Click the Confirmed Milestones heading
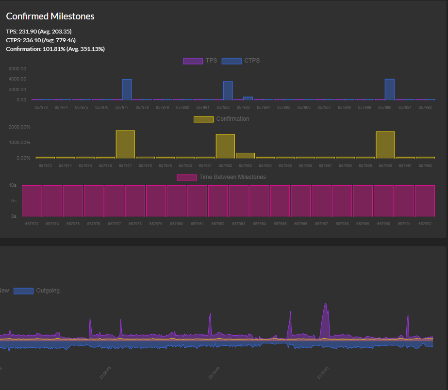[x=50, y=16]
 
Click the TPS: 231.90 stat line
[x=39, y=32]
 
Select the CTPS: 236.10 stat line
[x=41, y=40]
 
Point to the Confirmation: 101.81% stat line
[x=55, y=49]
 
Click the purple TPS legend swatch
[x=192, y=61]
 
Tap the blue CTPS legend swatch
[x=231, y=61]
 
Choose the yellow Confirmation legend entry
[x=221, y=119]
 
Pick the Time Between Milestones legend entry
[x=221, y=177]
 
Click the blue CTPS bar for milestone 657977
[x=127, y=89]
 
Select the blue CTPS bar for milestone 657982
[x=228, y=90]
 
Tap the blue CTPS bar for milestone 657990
[x=389, y=89]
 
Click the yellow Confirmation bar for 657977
[x=125, y=144]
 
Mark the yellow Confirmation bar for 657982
[x=225, y=146]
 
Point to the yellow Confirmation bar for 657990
[x=385, y=145]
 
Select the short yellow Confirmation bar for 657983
[x=245, y=155]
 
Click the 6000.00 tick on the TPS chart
[x=17, y=68]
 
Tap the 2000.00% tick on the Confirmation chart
[x=20, y=127]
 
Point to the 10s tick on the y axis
[x=13, y=185]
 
